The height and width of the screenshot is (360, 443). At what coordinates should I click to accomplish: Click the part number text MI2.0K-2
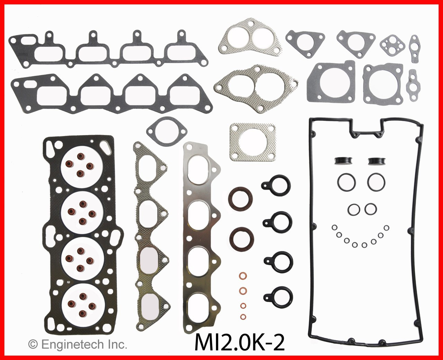tap(240, 343)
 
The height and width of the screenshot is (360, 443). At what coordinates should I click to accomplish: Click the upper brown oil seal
tap(241, 198)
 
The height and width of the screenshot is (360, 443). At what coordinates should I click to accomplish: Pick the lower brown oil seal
tap(241, 238)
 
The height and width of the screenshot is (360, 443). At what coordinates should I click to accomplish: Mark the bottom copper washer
tap(244, 316)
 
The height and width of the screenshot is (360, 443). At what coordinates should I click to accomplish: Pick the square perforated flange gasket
tap(253, 142)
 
